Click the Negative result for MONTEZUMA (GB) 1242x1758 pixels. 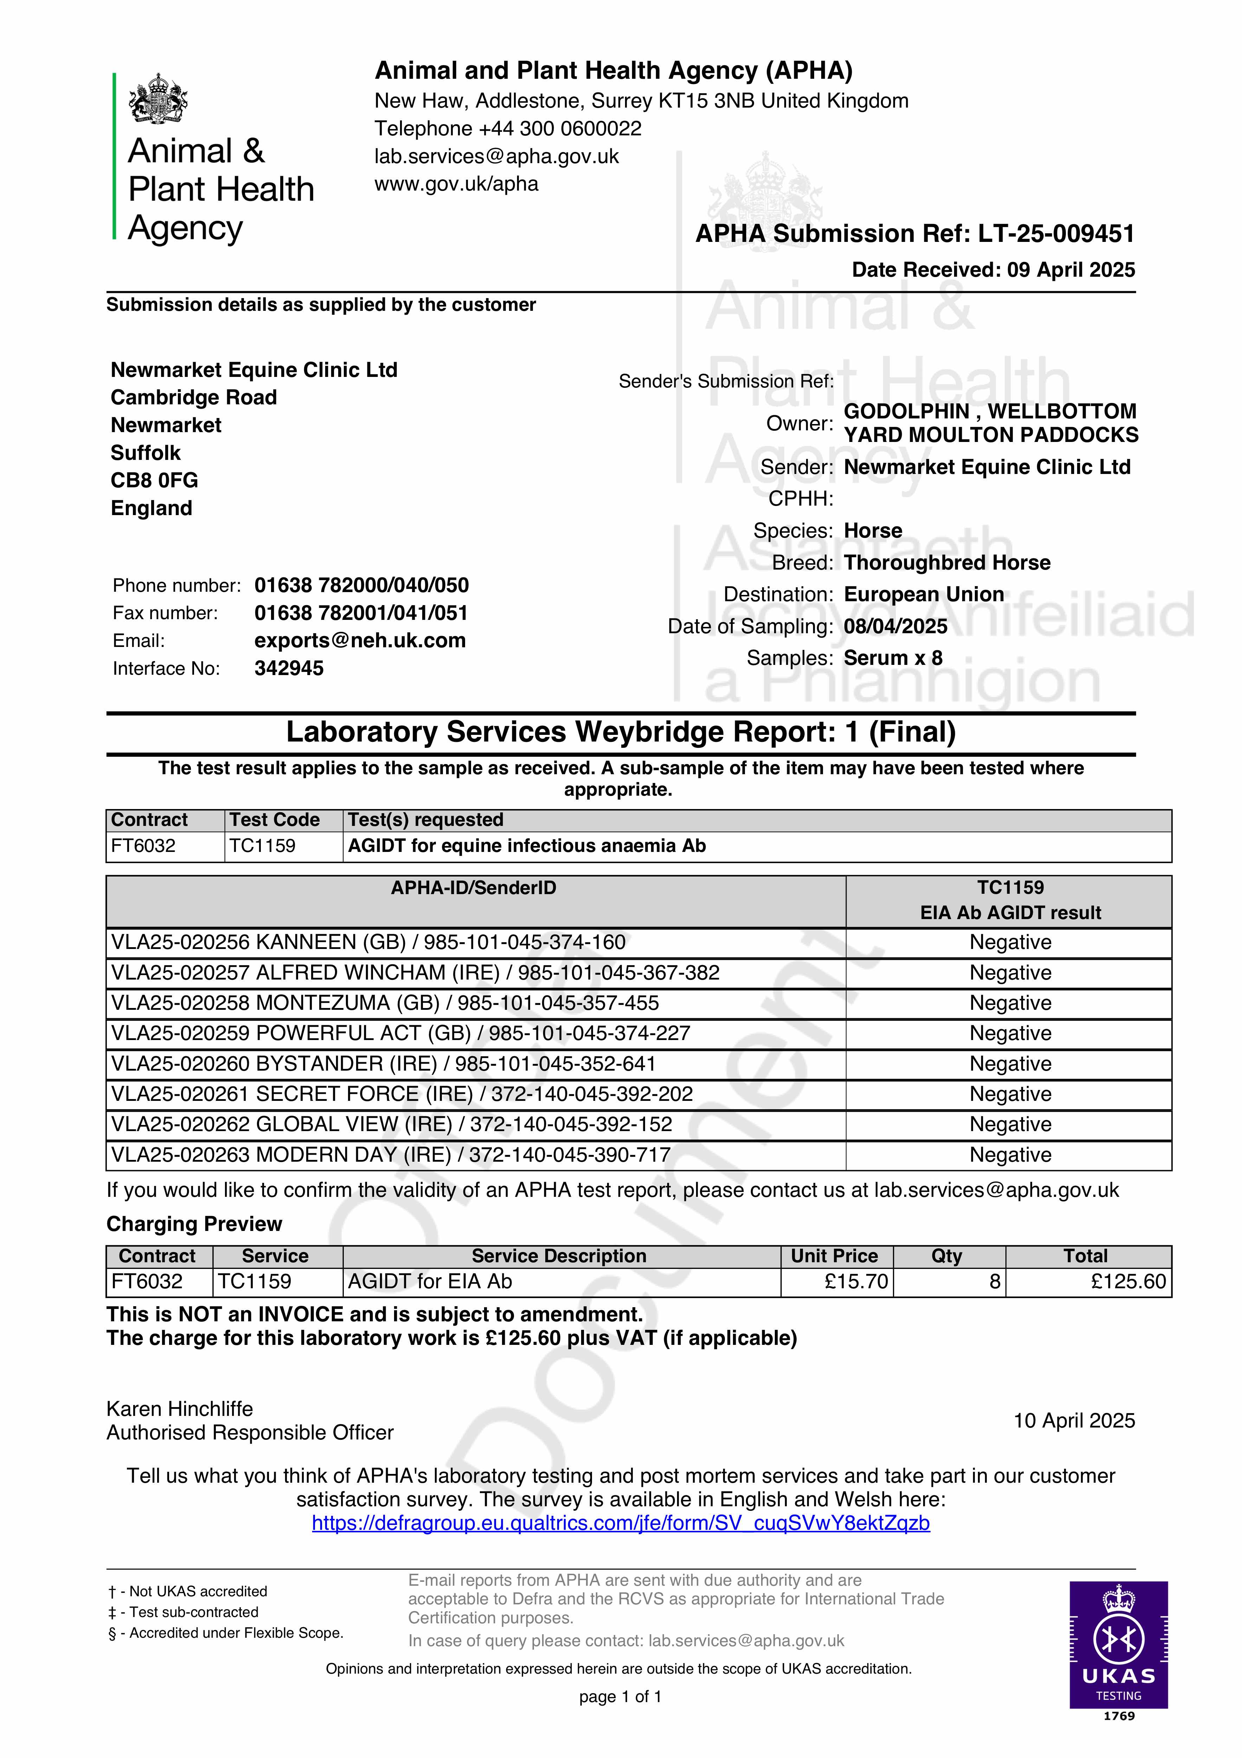[x=1010, y=1003]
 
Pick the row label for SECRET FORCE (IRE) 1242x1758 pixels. [x=402, y=1094]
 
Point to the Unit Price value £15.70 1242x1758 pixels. [x=856, y=1282]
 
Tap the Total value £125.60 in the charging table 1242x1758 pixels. [x=1128, y=1282]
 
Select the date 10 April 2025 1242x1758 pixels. [x=1074, y=1421]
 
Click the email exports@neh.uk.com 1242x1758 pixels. [x=360, y=641]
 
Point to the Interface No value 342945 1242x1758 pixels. [x=289, y=668]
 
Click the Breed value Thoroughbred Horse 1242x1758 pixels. [x=946, y=563]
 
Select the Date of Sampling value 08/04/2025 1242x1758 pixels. [x=895, y=626]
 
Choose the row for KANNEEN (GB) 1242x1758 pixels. [x=368, y=943]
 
